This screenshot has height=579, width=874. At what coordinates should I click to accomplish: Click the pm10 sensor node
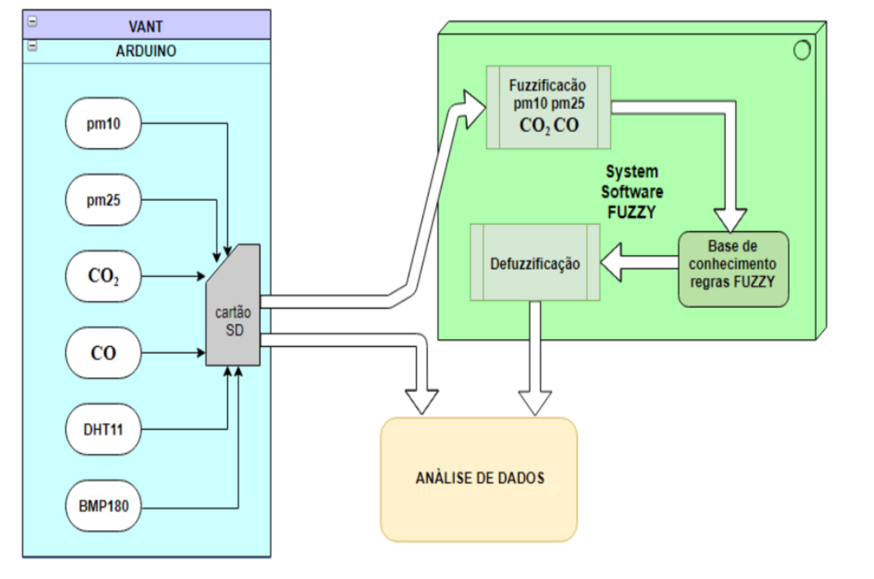click(x=104, y=123)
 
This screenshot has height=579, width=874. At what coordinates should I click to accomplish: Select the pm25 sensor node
click(x=104, y=200)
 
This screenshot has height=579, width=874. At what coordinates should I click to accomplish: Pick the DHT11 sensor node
click(x=104, y=429)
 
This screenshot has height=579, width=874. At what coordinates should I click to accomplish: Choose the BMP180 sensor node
click(x=104, y=505)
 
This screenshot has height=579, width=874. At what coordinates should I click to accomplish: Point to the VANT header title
click(x=146, y=27)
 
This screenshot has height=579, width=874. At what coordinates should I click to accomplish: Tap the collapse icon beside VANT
click(x=32, y=21)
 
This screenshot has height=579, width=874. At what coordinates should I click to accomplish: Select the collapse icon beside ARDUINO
click(x=32, y=46)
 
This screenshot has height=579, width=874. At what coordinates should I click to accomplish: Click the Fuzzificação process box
click(x=548, y=107)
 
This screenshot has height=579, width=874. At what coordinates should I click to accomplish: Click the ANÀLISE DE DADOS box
click(x=479, y=479)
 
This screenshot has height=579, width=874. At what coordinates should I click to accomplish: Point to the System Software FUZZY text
click(x=632, y=192)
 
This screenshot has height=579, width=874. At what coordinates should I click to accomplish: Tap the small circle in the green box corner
click(x=802, y=51)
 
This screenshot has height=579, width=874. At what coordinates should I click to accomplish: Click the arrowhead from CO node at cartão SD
click(x=201, y=353)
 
